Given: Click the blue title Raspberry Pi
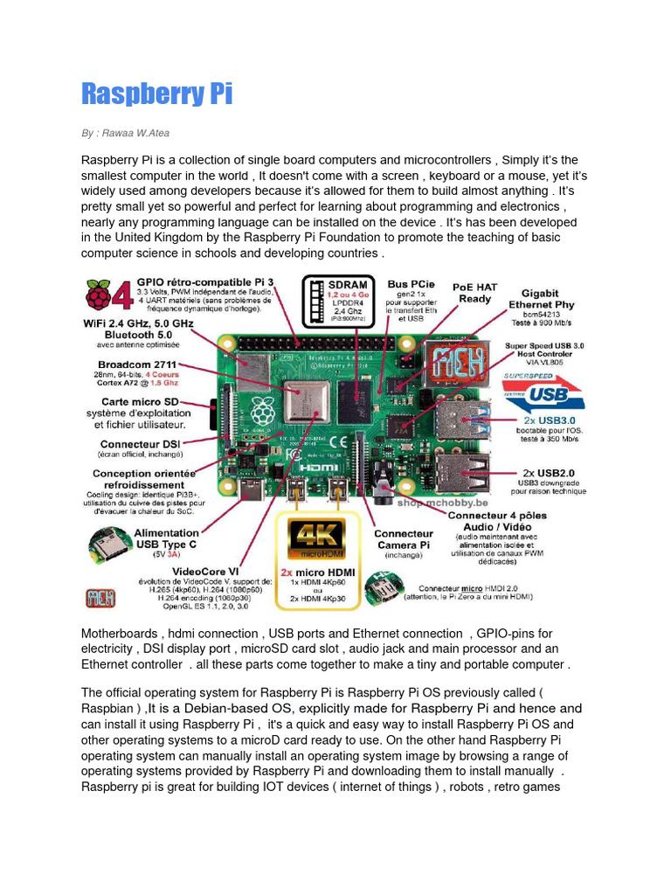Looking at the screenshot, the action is (157, 94).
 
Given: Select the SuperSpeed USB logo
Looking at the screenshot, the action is (539, 392).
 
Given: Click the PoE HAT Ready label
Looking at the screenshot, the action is (474, 292).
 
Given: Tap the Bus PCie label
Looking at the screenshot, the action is (411, 285).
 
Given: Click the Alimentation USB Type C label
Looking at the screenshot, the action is (166, 538).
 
